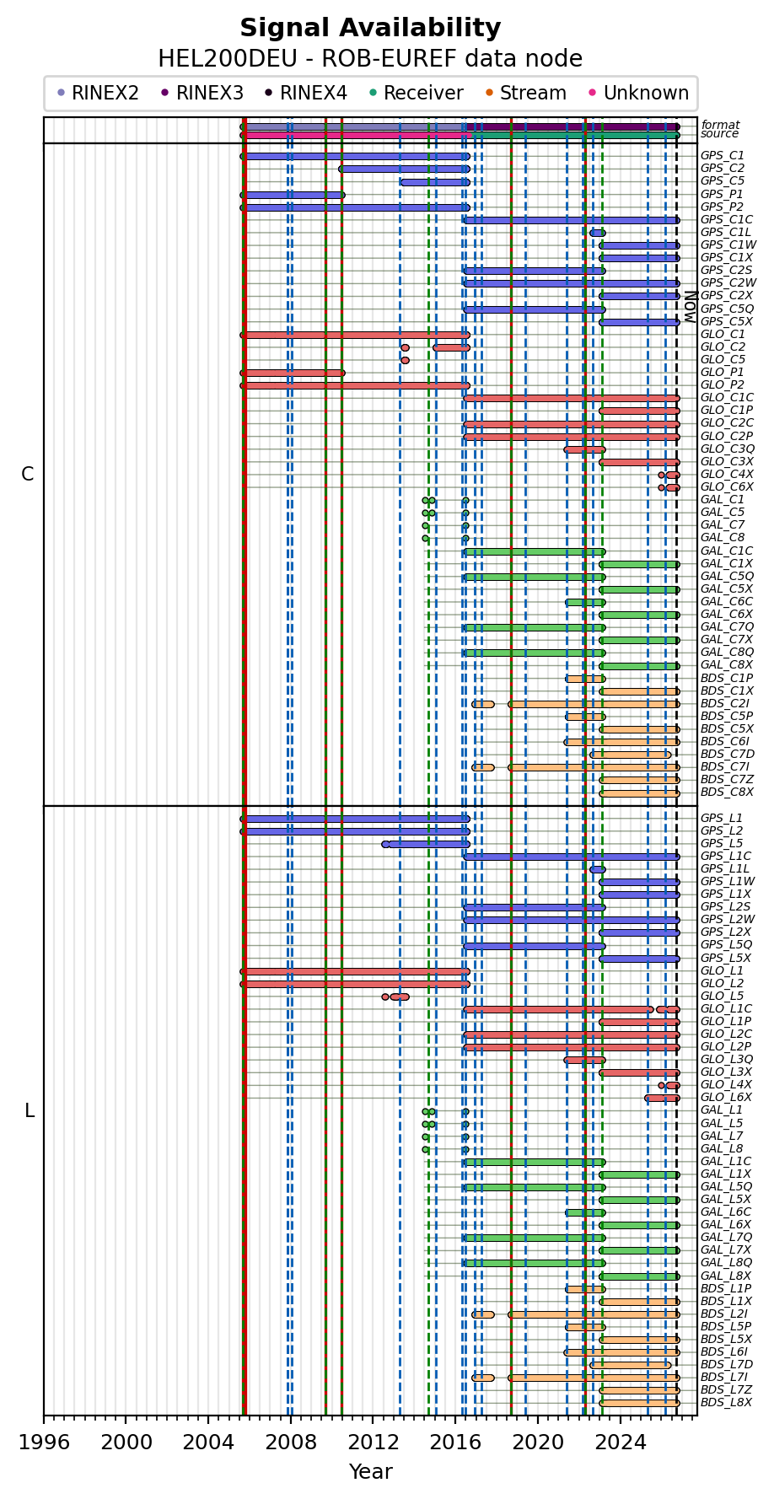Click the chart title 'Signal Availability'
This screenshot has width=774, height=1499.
[x=370, y=28]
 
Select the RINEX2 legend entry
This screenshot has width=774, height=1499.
[x=98, y=93]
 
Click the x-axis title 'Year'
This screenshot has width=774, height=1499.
[x=370, y=1471]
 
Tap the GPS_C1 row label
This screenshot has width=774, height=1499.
[x=723, y=156]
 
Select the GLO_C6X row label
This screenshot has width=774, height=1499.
[x=727, y=486]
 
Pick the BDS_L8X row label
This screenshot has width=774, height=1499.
[x=726, y=1403]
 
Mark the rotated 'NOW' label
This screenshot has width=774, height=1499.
[x=690, y=307]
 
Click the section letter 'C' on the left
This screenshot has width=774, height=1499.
[x=28, y=474]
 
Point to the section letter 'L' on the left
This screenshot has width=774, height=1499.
[x=30, y=1111]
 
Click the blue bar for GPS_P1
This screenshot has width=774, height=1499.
[x=293, y=195]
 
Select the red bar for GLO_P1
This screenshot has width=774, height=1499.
[x=293, y=373]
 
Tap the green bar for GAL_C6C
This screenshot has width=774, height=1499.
[x=585, y=602]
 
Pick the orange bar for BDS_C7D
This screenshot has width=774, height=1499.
[x=631, y=755]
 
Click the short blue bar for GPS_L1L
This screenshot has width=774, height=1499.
[x=598, y=869]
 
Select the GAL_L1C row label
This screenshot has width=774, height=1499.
[x=726, y=1161]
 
